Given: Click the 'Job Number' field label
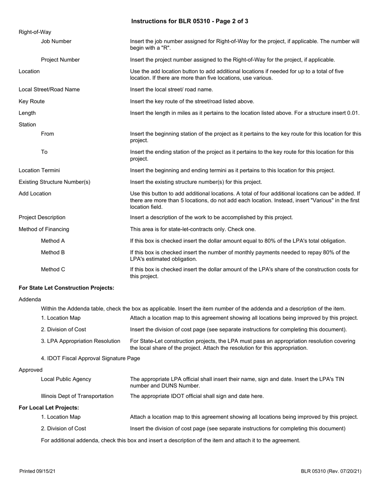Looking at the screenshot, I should (56, 41).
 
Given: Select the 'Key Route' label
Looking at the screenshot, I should (32, 101).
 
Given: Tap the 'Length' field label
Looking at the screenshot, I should (27, 113).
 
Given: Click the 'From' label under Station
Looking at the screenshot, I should (47, 134).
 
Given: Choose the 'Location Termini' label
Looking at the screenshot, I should (39, 170).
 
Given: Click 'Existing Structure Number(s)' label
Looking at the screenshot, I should (54, 182).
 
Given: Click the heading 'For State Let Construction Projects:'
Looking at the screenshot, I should (66, 287).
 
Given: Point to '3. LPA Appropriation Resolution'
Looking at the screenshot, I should (81, 341).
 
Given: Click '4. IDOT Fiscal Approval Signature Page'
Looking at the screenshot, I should (90, 358).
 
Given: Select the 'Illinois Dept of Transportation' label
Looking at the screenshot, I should (77, 396).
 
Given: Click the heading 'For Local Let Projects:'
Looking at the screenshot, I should (49, 408).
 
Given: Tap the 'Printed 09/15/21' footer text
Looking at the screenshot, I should (38, 471).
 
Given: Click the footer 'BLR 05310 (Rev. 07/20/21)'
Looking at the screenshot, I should (331, 471).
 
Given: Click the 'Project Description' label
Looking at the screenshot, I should (42, 218).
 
